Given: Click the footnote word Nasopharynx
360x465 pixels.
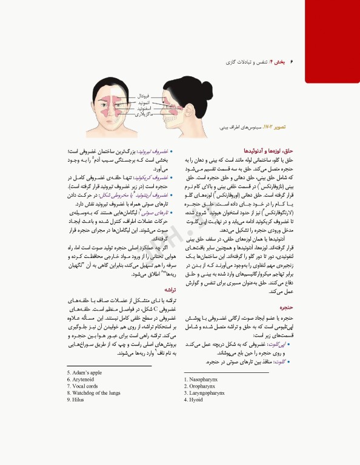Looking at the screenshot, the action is [x=204, y=380].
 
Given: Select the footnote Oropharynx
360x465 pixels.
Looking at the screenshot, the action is [x=202, y=386].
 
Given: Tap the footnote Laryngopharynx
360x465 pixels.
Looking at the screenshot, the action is [x=206, y=393].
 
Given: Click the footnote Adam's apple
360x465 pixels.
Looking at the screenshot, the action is [x=87, y=372].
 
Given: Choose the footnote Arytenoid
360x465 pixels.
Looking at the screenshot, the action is [x=84, y=379].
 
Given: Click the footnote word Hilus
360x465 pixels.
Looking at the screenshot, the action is [x=78, y=400].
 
